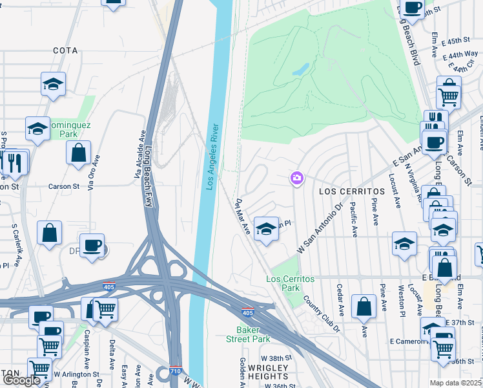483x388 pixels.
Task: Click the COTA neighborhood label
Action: [x=66, y=50]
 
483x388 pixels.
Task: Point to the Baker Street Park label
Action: [x=248, y=334]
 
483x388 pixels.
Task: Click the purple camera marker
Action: [x=297, y=177]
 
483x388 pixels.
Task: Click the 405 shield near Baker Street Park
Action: [x=247, y=312]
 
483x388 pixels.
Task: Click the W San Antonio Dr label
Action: [x=318, y=229]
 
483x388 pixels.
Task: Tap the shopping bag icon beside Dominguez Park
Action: [x=78, y=153]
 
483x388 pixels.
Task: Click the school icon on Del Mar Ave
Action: [x=266, y=228]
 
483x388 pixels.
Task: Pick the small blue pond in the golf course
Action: [x=300, y=68]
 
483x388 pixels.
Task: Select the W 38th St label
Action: [x=277, y=358]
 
